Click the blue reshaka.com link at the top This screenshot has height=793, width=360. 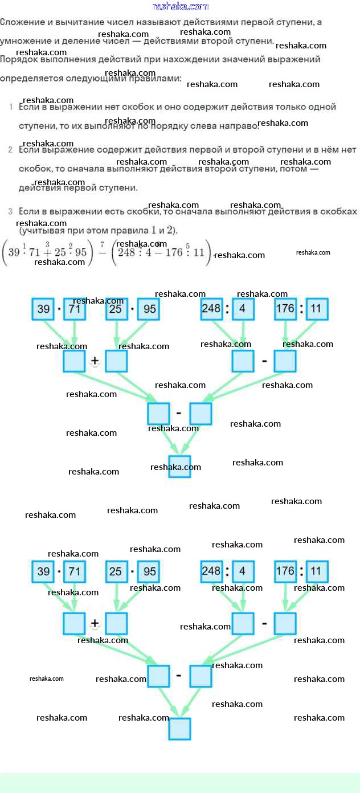tap(180, 6)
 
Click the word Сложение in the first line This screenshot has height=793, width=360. tap(22, 22)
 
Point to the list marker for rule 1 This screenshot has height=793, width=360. tap(11, 107)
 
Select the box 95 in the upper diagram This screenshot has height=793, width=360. tap(148, 309)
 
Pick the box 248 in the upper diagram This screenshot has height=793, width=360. tap(211, 309)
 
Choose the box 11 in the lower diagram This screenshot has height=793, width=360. tap(317, 571)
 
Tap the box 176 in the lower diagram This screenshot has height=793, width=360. tap(285, 571)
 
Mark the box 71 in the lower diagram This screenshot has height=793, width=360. tap(75, 571)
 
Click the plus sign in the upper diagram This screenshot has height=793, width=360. tap(95, 361)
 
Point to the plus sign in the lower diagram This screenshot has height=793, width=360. tap(95, 623)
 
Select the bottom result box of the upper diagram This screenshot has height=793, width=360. tap(180, 466)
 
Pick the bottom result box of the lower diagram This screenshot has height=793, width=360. tap(180, 729)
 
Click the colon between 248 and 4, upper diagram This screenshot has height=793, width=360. tap(227, 309)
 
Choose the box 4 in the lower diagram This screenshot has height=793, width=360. tap(243, 571)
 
